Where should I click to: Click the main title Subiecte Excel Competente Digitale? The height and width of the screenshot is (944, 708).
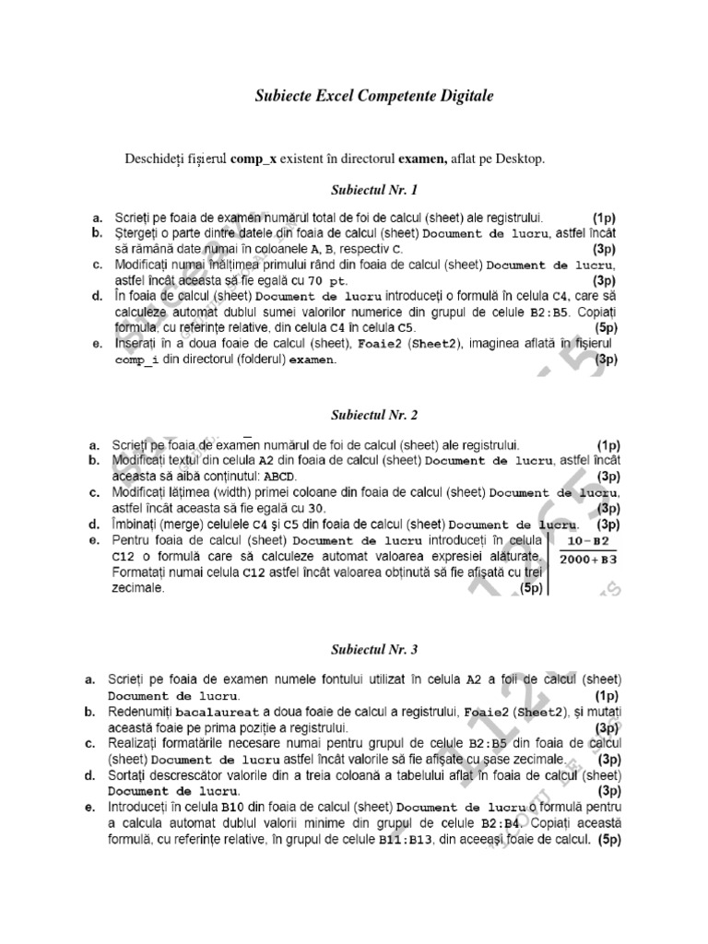pos(373,96)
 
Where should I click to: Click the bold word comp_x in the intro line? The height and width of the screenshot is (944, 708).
pos(254,159)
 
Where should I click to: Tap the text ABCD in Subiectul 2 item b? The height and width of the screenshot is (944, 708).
pos(277,477)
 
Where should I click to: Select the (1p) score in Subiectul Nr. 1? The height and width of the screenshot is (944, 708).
pos(604,218)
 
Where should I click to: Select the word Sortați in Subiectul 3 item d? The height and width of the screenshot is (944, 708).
pos(134,775)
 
